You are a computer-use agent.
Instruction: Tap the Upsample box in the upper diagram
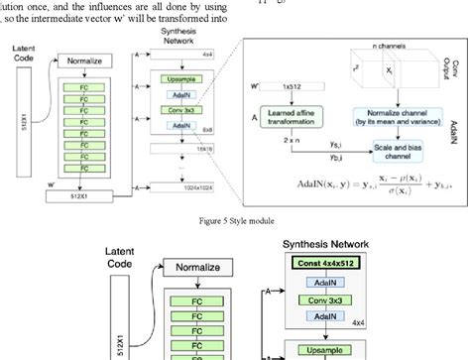(x=179, y=75)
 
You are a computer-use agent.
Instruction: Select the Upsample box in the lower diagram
(x=329, y=350)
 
